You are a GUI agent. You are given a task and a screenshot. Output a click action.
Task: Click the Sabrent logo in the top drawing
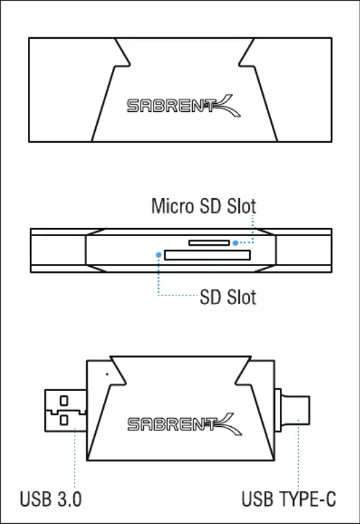click(183, 106)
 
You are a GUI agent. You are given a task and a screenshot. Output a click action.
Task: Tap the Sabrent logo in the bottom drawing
click(184, 424)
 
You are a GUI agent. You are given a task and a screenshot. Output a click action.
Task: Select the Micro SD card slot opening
click(209, 242)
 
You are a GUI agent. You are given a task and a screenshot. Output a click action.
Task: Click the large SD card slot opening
click(207, 255)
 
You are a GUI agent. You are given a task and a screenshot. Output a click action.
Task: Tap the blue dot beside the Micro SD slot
click(236, 243)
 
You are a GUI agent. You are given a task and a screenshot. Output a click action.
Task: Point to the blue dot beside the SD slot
click(159, 255)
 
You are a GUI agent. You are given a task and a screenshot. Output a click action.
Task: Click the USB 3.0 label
click(50, 500)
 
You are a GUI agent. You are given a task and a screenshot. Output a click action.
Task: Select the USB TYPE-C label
click(289, 500)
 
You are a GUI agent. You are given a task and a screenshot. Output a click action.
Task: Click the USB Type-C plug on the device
click(292, 410)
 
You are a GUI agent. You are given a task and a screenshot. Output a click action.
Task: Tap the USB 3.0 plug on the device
click(66, 411)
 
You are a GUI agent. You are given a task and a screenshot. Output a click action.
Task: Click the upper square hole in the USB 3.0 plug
click(64, 400)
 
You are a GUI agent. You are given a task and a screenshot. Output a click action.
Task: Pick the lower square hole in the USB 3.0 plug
click(64, 419)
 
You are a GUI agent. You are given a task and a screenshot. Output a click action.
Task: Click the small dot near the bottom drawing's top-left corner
click(107, 374)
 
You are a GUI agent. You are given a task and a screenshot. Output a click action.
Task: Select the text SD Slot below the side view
click(228, 297)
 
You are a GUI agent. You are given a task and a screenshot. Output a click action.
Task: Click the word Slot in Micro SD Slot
click(242, 206)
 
